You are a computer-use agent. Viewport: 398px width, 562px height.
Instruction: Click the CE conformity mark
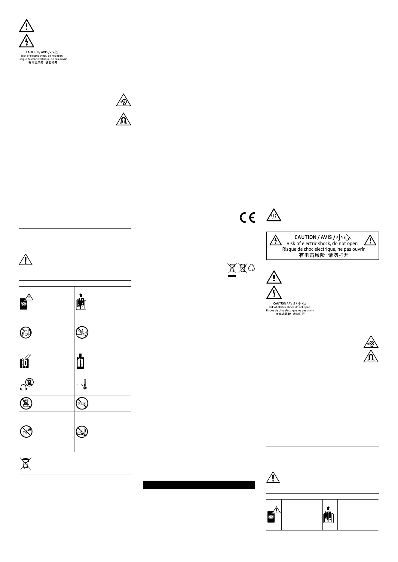click(x=247, y=217)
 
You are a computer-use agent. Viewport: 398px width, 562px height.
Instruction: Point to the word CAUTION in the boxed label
click(x=305, y=237)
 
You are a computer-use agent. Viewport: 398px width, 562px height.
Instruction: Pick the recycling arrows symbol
click(x=251, y=268)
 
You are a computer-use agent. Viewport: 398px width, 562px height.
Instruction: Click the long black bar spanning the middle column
click(x=199, y=485)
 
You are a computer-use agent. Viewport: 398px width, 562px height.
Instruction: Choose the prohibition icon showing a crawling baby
click(x=26, y=332)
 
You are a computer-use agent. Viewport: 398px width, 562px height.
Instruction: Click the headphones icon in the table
click(x=26, y=384)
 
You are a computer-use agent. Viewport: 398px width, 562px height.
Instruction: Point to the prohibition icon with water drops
click(x=26, y=403)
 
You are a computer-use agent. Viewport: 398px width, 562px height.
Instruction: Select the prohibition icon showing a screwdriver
click(x=26, y=431)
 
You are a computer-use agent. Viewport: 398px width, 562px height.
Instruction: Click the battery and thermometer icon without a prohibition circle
click(x=82, y=384)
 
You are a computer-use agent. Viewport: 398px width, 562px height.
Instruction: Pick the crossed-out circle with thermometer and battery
click(x=82, y=431)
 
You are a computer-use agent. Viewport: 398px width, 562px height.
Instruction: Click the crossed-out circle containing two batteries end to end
click(x=82, y=403)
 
